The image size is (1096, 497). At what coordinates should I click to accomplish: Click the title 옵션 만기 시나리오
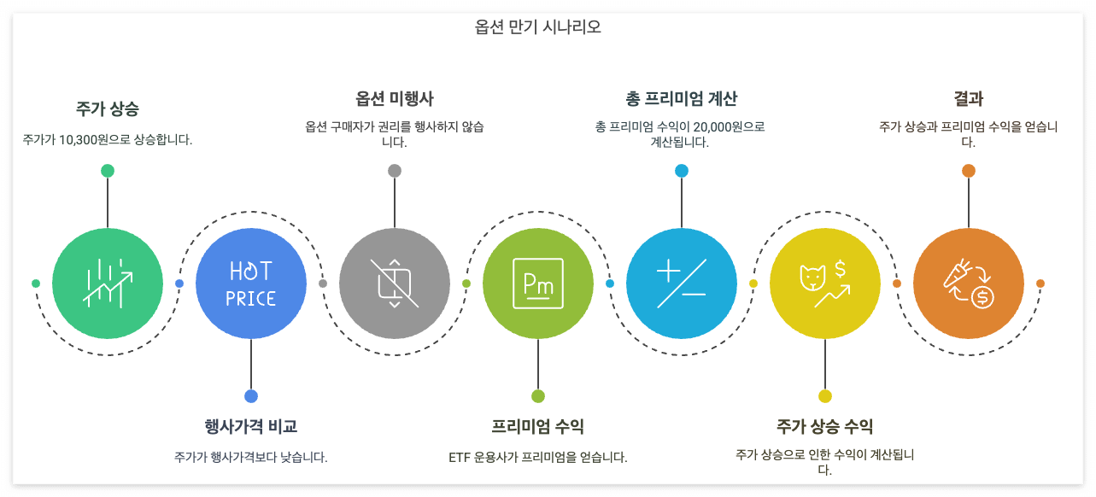[x=538, y=26]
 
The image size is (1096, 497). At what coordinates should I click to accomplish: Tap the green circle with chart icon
[x=108, y=284]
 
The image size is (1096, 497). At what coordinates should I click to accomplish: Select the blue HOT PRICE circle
[x=251, y=284]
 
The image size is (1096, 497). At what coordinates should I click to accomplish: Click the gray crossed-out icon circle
[x=395, y=284]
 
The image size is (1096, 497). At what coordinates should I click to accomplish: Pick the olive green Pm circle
[x=538, y=284]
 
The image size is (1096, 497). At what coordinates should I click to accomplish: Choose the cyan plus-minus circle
[x=682, y=284]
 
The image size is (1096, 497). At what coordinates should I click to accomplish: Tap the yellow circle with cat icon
[x=825, y=284]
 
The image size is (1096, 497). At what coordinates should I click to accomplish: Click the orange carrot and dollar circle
[x=969, y=284]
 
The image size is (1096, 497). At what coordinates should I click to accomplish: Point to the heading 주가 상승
[x=108, y=109]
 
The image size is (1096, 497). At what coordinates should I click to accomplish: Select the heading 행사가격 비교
[x=251, y=426]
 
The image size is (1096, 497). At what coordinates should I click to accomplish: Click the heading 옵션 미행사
[x=395, y=98]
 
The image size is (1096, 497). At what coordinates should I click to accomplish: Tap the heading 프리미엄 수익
[x=538, y=426]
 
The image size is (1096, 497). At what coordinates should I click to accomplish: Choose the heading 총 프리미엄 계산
[x=682, y=98]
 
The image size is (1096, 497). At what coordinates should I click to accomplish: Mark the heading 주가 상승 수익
[x=825, y=426]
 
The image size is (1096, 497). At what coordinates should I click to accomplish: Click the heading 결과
[x=969, y=98]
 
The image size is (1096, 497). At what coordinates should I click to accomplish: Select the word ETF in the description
[x=460, y=457]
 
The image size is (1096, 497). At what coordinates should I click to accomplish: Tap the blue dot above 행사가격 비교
[x=251, y=396]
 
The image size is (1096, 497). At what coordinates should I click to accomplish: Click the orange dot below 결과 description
[x=969, y=171]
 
